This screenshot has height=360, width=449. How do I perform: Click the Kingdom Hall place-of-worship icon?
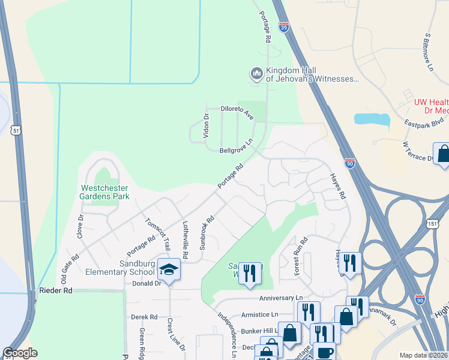257,74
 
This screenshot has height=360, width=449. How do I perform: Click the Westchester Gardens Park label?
106,191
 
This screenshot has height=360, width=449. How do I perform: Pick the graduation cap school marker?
169,269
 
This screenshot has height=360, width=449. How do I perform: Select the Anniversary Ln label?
281,298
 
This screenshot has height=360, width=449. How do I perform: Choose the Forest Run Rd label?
300,256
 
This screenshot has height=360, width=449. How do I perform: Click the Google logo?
20,353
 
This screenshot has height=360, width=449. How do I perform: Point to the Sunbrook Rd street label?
206,232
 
